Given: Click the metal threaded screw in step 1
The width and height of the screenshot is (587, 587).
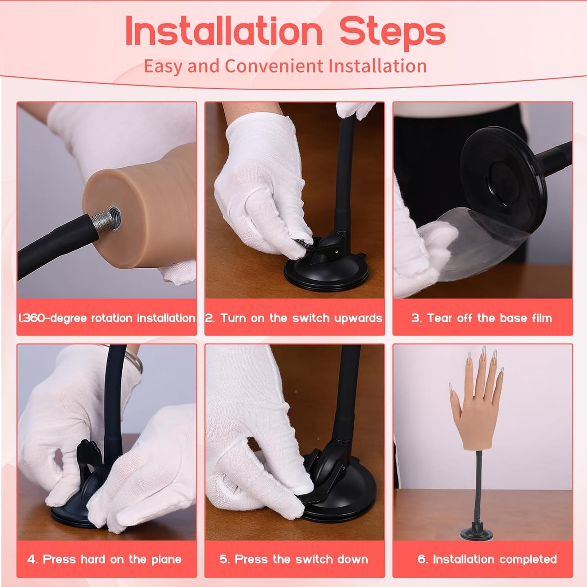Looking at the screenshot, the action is coord(106,218).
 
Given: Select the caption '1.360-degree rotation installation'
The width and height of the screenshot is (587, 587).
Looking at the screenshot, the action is coord(106,318).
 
